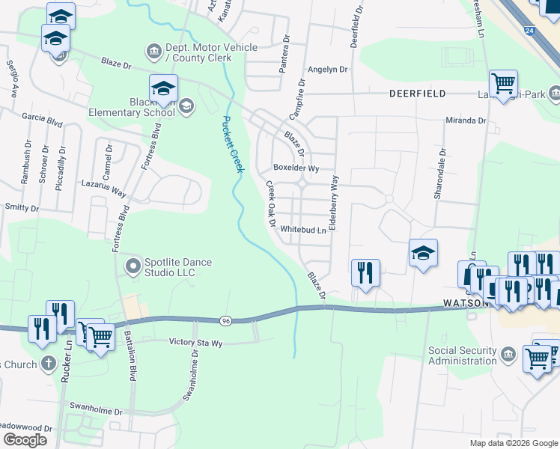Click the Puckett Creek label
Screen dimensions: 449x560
(233, 144)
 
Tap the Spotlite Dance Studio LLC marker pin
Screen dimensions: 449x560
(133, 266)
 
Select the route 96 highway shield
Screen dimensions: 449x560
(225, 321)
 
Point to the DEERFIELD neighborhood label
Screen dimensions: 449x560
(417, 94)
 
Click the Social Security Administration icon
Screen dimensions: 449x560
(508, 353)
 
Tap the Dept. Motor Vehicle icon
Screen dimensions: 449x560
(153, 51)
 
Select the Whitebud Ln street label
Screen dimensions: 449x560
(304, 230)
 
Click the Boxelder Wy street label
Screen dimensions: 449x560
(296, 168)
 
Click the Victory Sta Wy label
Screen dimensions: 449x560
(196, 343)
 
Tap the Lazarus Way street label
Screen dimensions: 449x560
(104, 188)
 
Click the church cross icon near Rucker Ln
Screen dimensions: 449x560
(47, 364)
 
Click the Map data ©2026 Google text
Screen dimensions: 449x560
(513, 443)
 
